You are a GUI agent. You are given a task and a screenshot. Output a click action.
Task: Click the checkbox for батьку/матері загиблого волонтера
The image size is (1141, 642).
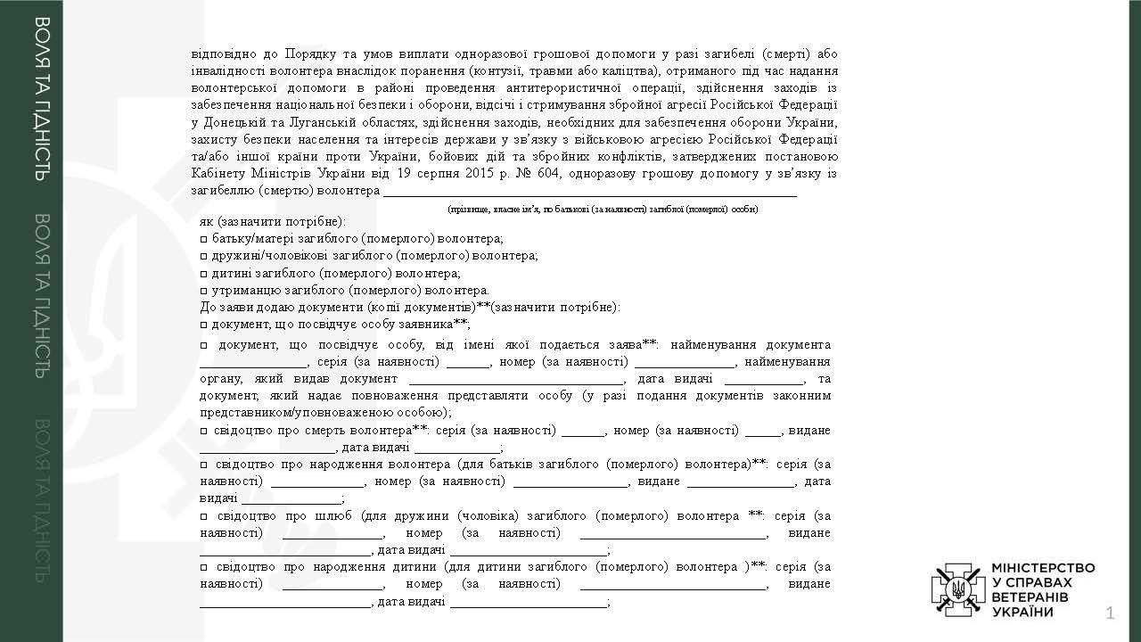pyautogui.click(x=204, y=239)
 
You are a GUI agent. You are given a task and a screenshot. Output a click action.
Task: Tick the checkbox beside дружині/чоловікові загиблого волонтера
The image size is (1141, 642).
pyautogui.click(x=204, y=256)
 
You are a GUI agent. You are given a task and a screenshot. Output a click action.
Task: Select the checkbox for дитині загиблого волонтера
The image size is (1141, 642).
pyautogui.click(x=204, y=274)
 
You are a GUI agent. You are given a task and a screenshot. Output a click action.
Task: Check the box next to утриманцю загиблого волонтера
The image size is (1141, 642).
pyautogui.click(x=204, y=291)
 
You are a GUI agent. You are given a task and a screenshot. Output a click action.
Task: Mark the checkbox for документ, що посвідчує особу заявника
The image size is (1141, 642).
pyautogui.click(x=204, y=325)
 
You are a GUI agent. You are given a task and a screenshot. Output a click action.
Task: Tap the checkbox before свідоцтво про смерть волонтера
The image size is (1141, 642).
pyautogui.click(x=204, y=431)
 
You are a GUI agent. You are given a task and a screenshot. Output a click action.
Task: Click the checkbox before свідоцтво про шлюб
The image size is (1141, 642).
pyautogui.click(x=204, y=516)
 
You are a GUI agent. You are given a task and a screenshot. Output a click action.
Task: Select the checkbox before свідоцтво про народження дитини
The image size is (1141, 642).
pyautogui.click(x=204, y=567)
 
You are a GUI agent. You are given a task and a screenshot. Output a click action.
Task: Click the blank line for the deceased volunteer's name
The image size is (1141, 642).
pyautogui.click(x=588, y=192)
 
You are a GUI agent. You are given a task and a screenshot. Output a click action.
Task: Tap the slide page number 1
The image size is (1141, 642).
pyautogui.click(x=1110, y=613)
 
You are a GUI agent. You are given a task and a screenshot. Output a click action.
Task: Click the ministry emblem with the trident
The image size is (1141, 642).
pyautogui.click(x=958, y=588)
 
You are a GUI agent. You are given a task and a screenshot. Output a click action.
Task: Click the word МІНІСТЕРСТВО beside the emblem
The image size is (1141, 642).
pyautogui.click(x=1043, y=568)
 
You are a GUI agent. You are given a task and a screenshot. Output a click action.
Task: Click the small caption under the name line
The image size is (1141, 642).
pyautogui.click(x=603, y=209)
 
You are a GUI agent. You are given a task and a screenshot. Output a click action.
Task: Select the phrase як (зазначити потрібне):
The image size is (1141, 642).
pyautogui.click(x=272, y=221)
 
